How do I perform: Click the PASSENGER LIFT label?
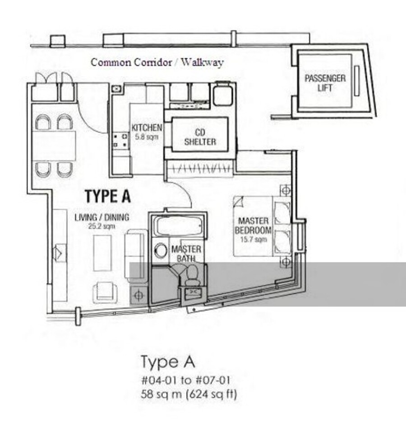(325, 83)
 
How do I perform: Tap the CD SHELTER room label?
(200, 137)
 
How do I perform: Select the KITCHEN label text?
(147, 127)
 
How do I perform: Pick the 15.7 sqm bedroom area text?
(254, 239)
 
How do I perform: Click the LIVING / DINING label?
(102, 217)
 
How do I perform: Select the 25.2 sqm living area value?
(101, 226)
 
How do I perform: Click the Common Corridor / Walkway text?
(157, 62)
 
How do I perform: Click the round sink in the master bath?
(161, 250)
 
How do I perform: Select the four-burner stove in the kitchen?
(120, 141)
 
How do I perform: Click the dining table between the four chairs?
(54, 146)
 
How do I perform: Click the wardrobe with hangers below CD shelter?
(199, 169)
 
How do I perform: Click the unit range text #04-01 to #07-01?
(185, 380)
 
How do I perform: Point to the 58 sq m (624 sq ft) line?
(189, 394)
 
